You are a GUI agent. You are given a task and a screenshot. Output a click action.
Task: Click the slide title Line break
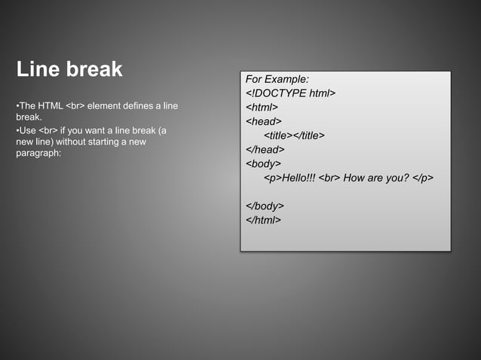(x=69, y=70)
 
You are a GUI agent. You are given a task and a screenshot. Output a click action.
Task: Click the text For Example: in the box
(x=277, y=79)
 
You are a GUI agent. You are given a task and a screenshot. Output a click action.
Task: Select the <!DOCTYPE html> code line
(x=290, y=93)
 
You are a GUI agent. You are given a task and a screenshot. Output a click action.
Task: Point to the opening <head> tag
(x=264, y=121)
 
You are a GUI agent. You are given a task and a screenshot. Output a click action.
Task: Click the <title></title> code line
(x=294, y=136)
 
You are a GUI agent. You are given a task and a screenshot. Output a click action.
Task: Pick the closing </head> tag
(x=265, y=149)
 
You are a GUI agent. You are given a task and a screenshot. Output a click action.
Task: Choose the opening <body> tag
(x=264, y=163)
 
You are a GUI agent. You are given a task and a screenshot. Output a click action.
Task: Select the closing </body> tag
(x=265, y=206)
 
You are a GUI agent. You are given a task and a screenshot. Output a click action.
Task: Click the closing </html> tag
(x=264, y=220)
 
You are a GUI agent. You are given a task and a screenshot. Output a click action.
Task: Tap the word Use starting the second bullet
(x=27, y=130)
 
